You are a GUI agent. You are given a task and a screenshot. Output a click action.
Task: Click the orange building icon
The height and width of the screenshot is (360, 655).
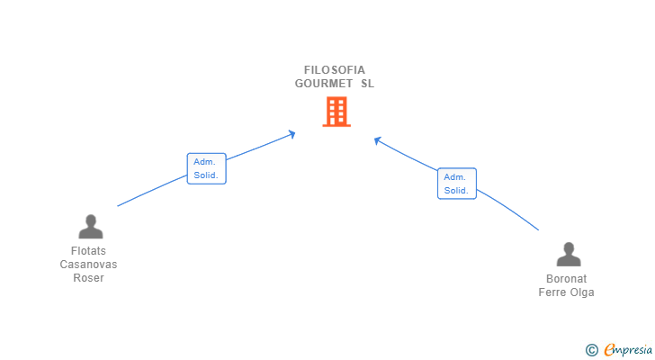pos(336,112)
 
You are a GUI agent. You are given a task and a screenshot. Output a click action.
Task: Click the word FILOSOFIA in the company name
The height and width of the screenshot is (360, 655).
pos(335,70)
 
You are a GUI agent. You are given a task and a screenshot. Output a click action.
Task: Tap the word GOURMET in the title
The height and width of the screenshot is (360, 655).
pos(323,84)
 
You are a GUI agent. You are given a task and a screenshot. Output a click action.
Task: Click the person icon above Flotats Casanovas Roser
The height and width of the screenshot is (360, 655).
pos(90,226)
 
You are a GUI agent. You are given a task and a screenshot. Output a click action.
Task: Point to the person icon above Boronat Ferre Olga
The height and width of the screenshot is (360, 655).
pos(568,254)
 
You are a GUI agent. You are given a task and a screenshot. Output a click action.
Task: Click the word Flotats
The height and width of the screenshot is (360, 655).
pos(88,251)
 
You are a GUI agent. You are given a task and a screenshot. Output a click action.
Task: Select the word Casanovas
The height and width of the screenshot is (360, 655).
pos(88,265)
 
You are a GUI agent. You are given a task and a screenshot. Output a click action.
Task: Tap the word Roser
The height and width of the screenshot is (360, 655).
pos(88,278)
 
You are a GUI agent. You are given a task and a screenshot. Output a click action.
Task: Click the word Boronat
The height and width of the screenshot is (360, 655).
pos(566,279)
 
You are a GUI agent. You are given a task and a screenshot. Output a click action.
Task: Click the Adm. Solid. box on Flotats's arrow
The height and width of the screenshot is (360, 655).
pos(206,168)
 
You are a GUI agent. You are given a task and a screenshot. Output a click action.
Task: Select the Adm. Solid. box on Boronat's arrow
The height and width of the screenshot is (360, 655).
pos(456,184)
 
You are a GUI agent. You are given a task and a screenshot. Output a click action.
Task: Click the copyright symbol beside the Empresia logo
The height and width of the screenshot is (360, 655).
pos(591,350)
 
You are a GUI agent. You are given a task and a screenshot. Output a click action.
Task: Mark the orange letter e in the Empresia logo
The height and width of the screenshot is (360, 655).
pos(609,350)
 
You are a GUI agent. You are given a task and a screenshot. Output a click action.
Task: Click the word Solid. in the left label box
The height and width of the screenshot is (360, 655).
pos(206,175)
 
